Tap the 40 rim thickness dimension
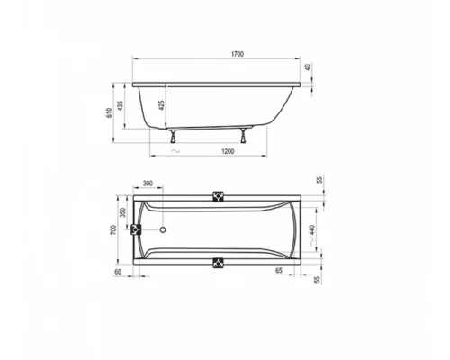308,68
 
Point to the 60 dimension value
119,270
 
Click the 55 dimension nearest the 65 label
318,281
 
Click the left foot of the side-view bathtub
171,138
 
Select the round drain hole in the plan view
163,229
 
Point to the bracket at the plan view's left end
137,229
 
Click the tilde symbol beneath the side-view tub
172,153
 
